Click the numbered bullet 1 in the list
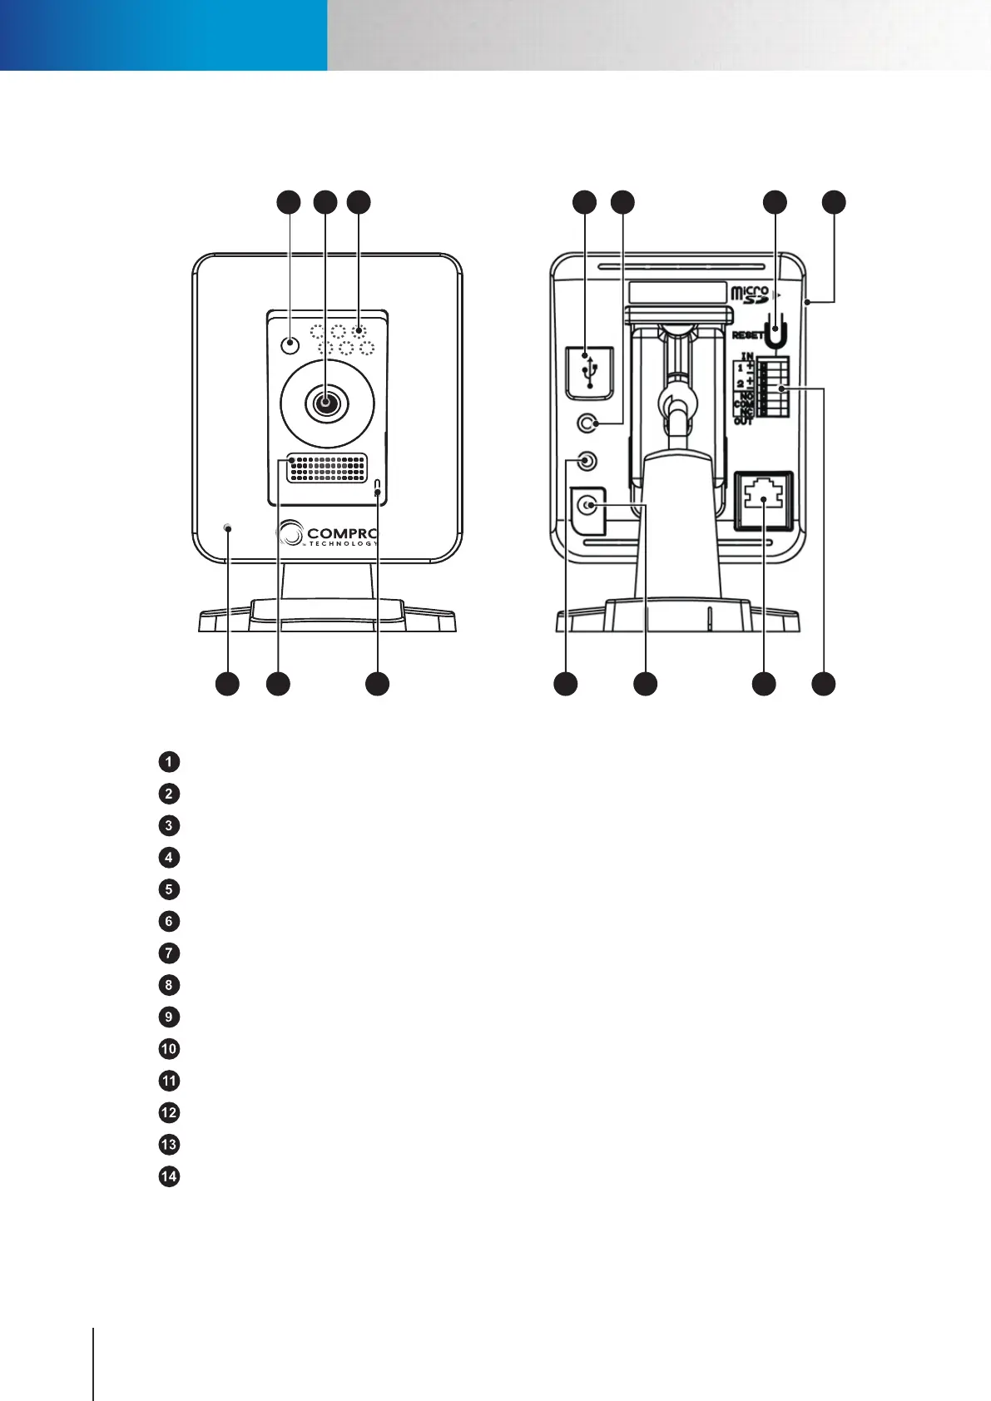[x=169, y=761]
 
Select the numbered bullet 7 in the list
[x=169, y=953]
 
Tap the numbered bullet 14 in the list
[x=169, y=1176]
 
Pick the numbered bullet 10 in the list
[x=169, y=1048]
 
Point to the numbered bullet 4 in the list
[x=169, y=857]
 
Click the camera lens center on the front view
[x=325, y=403]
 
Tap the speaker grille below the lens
[x=326, y=468]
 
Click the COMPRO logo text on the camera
[x=342, y=532]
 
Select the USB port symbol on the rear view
[x=590, y=372]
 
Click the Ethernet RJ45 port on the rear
[x=764, y=499]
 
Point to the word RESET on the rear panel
[x=747, y=335]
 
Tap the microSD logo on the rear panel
[x=750, y=295]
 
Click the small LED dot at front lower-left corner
[x=227, y=527]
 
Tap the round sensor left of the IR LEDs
[x=289, y=344]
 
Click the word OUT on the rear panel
[x=743, y=421]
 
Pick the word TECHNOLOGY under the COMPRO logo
[x=343, y=544]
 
